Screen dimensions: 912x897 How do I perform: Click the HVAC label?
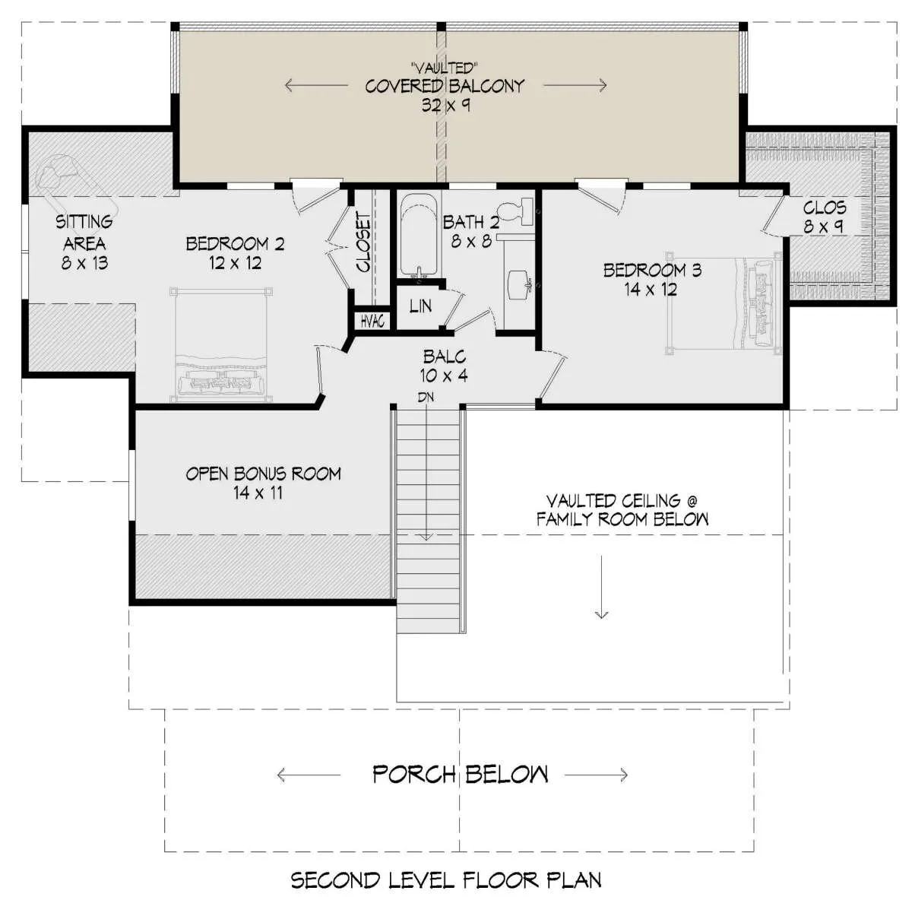pyautogui.click(x=372, y=322)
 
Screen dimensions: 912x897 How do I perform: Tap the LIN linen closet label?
pyautogui.click(x=420, y=306)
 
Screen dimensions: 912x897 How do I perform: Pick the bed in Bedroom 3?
pyautogui.click(x=724, y=303)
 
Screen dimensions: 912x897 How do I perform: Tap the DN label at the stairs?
pyautogui.click(x=426, y=397)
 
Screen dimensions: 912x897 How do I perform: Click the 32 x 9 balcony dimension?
pyautogui.click(x=445, y=105)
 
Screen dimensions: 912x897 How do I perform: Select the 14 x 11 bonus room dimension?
pyautogui.click(x=258, y=493)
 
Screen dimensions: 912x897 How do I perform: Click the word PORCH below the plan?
pyautogui.click(x=414, y=775)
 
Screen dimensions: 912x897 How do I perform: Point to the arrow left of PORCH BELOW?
pyautogui.click(x=309, y=775)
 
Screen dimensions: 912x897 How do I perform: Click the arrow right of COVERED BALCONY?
pyautogui.click(x=575, y=85)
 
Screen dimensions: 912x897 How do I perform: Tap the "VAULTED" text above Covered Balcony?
pyautogui.click(x=445, y=68)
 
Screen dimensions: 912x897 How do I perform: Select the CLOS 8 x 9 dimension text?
pyautogui.click(x=824, y=227)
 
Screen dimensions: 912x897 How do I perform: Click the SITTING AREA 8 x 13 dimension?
pyautogui.click(x=84, y=263)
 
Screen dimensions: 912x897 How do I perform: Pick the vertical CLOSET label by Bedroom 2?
pyautogui.click(x=363, y=242)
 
